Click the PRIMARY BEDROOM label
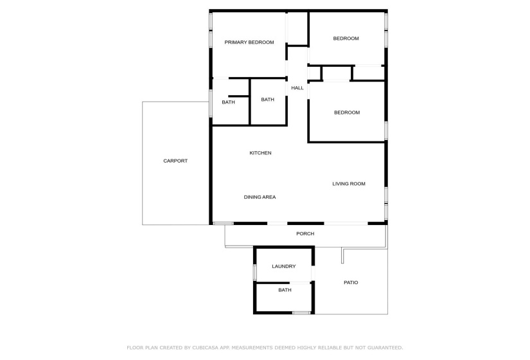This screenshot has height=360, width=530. [x=249, y=42]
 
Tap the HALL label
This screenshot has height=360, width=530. [x=297, y=88]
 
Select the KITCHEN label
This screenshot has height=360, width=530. [x=260, y=153]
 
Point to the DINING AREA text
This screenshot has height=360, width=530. [x=260, y=197]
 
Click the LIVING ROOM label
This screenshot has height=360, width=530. [x=349, y=184]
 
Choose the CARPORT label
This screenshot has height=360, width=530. [x=175, y=161]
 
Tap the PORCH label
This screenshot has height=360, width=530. [x=305, y=234]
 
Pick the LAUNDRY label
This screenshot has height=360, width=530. [x=284, y=266]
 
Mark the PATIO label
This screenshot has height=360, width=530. [x=351, y=282]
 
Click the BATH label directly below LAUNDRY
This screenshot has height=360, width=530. [x=285, y=290]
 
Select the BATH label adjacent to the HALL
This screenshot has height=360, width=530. [x=268, y=100]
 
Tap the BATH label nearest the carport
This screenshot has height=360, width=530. [x=229, y=102]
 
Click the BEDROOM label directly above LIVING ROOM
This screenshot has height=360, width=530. [x=347, y=113]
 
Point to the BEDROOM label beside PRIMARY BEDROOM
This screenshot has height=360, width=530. [x=346, y=39]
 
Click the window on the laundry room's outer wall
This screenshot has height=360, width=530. [x=255, y=272]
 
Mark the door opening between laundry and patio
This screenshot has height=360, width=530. [x=313, y=273]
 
